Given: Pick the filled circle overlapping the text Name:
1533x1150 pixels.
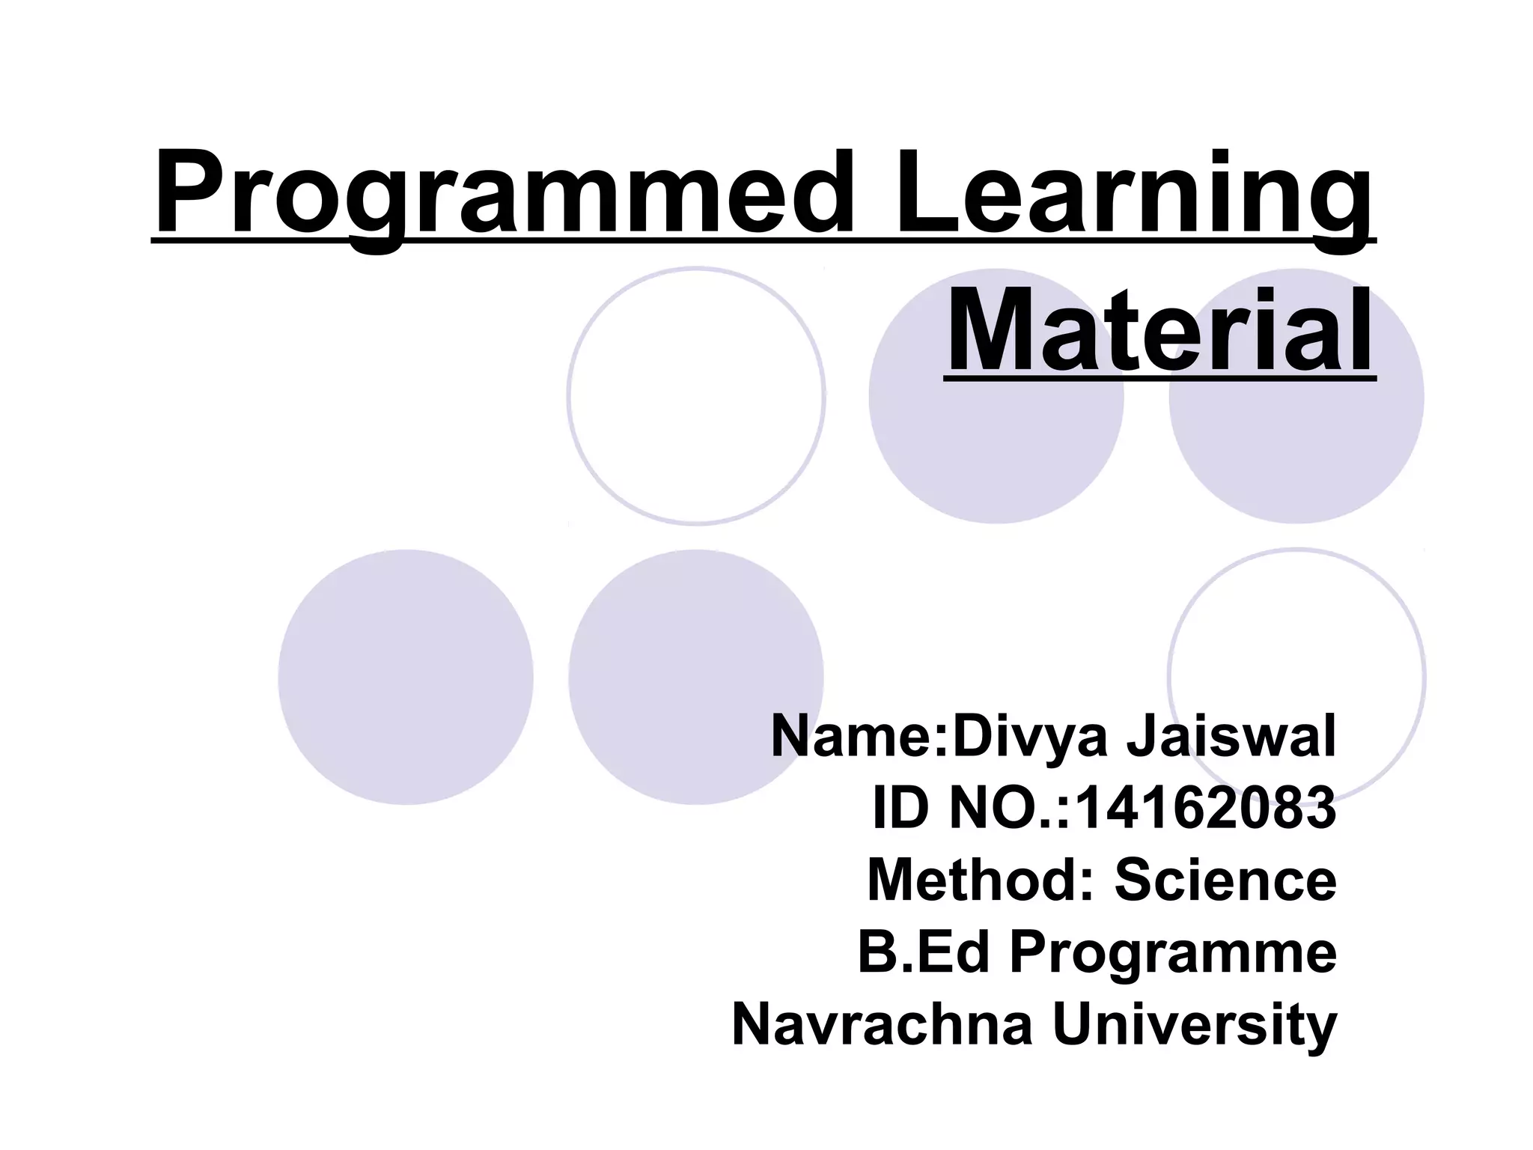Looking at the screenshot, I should coord(696,659).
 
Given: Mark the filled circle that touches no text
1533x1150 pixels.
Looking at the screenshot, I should coord(405,677).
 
